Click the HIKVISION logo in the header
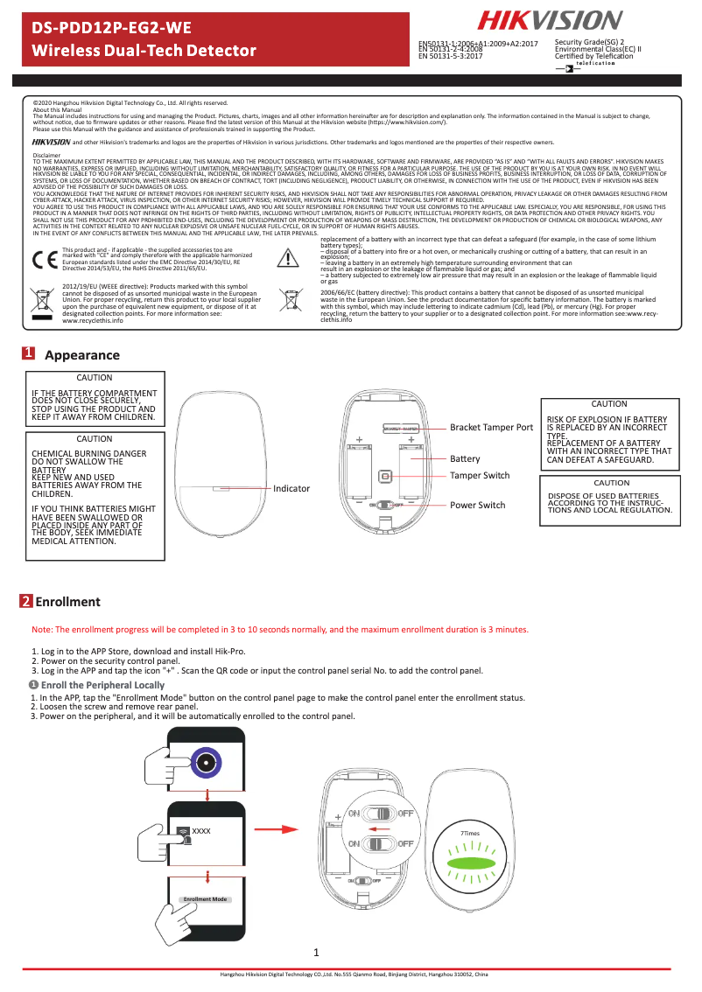tap(550, 20)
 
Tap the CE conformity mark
tap(43, 260)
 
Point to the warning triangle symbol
tap(289, 259)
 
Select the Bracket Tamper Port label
tap(491, 428)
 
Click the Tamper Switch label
tap(480, 475)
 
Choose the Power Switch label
tap(477, 505)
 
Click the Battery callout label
tap(465, 458)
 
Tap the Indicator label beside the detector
tap(292, 488)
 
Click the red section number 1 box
tap(29, 354)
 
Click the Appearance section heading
tap(81, 355)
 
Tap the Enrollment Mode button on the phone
tap(205, 899)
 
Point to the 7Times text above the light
tap(470, 834)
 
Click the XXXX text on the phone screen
tap(201, 830)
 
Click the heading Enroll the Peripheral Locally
tap(102, 684)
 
